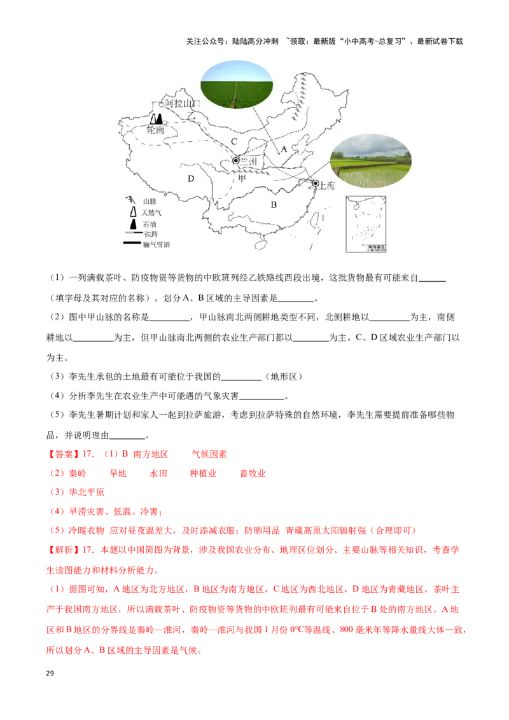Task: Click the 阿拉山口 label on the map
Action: pyautogui.click(x=183, y=103)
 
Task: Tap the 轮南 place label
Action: pyautogui.click(x=156, y=130)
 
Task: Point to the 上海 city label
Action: pyautogui.click(x=327, y=186)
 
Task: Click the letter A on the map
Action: pyautogui.click(x=284, y=148)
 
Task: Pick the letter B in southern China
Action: pyautogui.click(x=274, y=205)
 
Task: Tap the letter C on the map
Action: pyautogui.click(x=234, y=141)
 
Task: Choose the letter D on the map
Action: pyautogui.click(x=190, y=179)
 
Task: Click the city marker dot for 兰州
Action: pyautogui.click(x=236, y=161)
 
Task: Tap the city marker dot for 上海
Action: pyautogui.click(x=315, y=183)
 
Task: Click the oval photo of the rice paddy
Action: pyautogui.click(x=371, y=161)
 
